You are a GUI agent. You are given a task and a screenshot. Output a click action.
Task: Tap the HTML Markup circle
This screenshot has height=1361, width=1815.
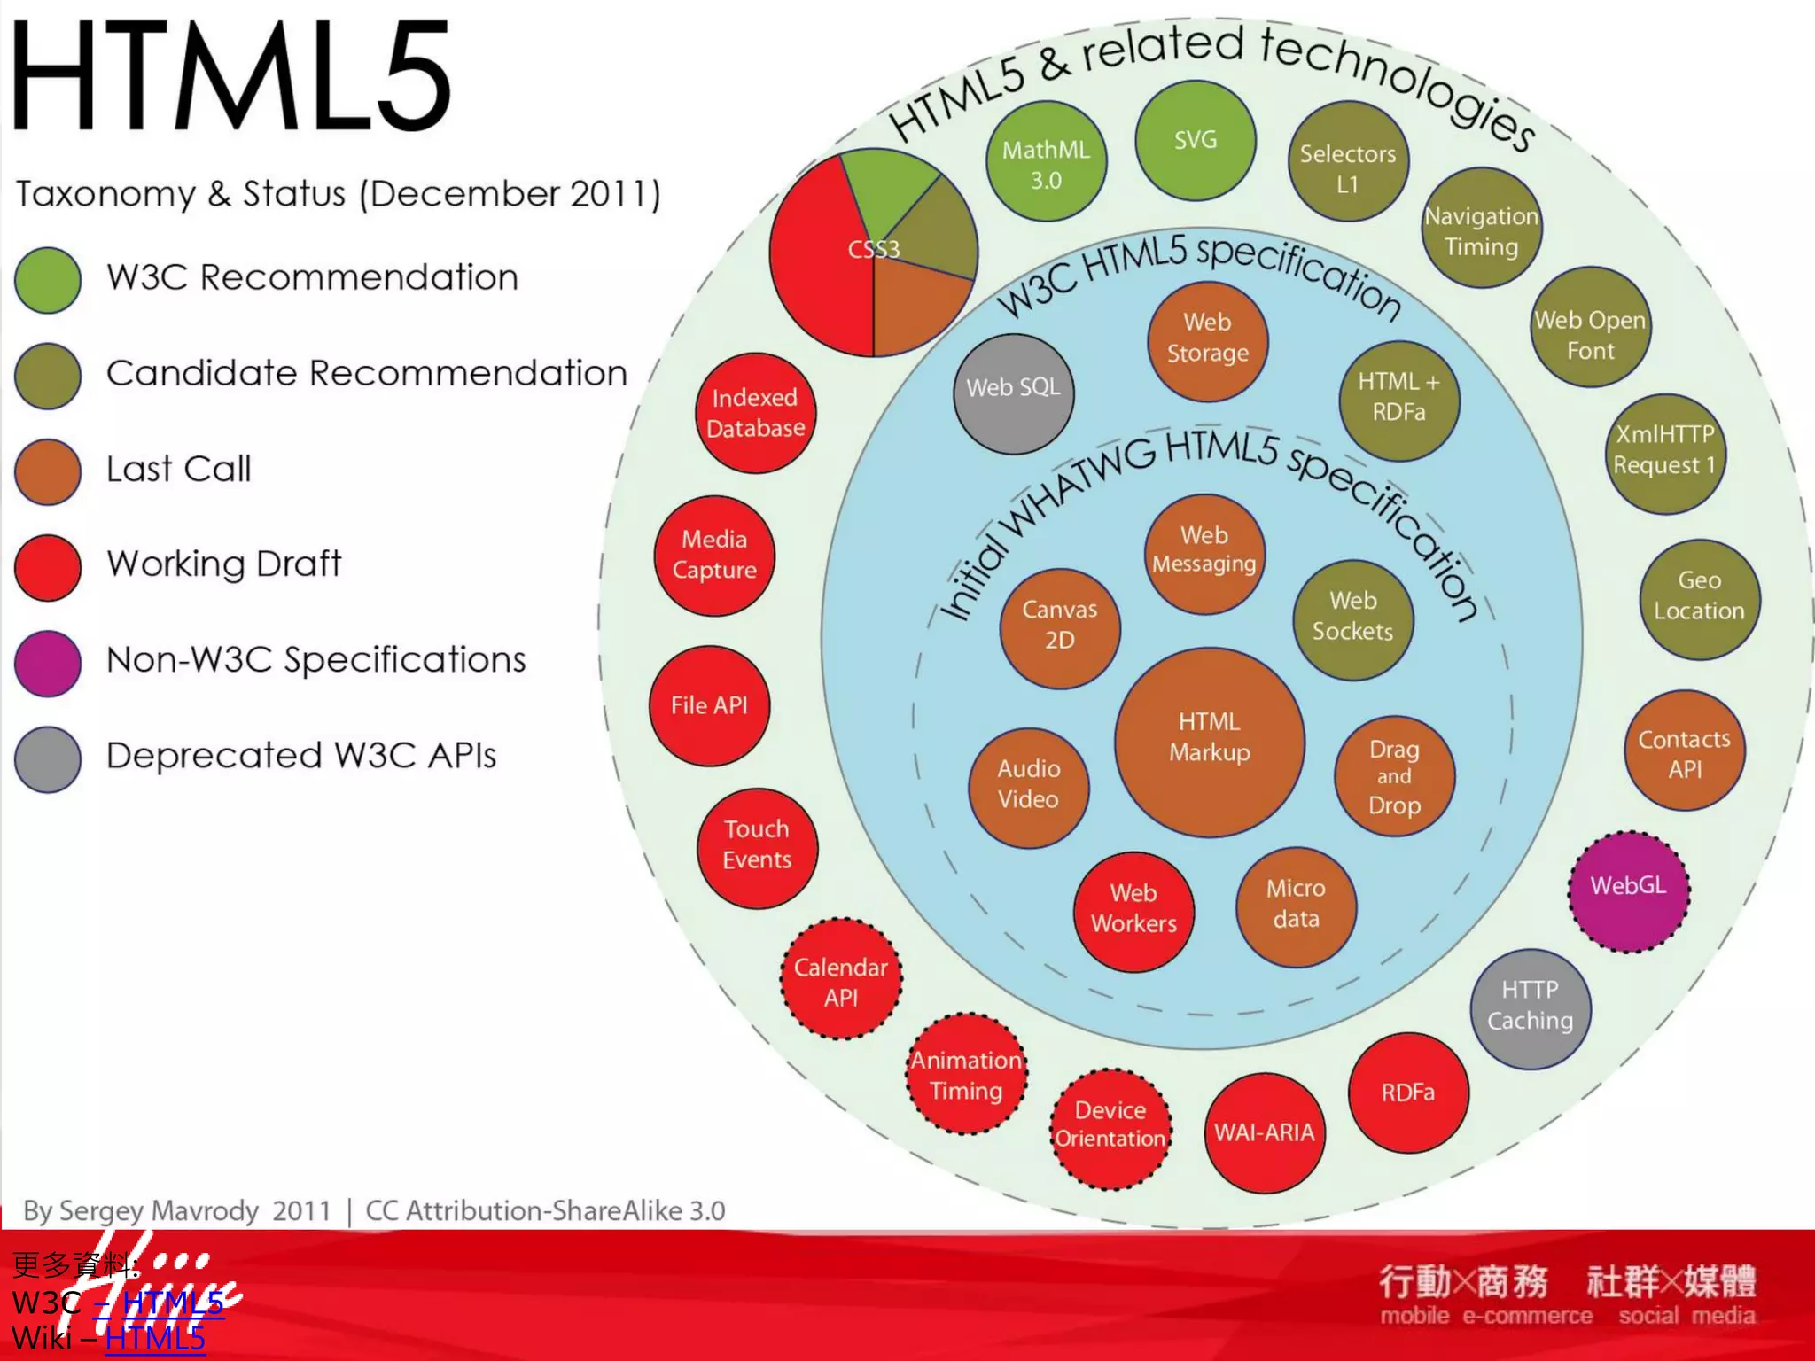(x=1210, y=742)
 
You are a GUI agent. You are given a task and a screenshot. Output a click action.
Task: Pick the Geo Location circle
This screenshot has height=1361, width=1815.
(x=1699, y=599)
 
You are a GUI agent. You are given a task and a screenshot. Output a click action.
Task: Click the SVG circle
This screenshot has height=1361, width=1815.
(x=1196, y=140)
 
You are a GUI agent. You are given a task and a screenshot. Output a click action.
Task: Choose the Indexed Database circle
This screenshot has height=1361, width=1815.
(x=755, y=413)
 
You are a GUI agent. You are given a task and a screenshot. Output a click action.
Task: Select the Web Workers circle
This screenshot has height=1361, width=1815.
(x=1133, y=911)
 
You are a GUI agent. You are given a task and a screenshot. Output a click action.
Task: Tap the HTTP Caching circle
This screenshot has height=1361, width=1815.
(x=1531, y=1008)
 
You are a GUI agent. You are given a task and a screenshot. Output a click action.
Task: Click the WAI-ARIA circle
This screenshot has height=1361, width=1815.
(x=1265, y=1132)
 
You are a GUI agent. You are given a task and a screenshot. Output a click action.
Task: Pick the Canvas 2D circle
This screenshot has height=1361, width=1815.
(x=1060, y=628)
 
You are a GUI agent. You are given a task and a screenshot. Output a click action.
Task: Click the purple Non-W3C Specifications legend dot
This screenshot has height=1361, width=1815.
(x=48, y=663)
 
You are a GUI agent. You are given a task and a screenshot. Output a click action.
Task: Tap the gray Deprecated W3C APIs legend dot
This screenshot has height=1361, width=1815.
(x=48, y=759)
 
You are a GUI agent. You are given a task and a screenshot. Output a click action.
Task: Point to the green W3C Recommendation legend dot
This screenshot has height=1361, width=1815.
(x=48, y=280)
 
